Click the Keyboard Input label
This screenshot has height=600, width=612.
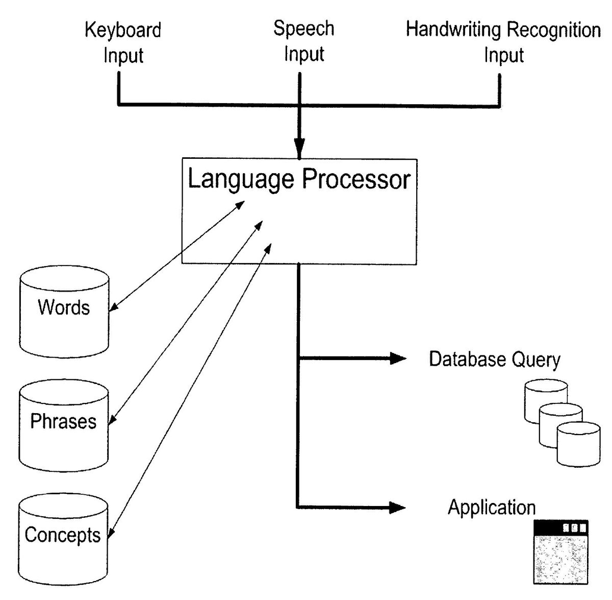pos(123,42)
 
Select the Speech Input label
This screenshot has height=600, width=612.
pos(304,41)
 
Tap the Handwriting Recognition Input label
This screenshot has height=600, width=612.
pos(503,42)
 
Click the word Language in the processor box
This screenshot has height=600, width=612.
pos(241,179)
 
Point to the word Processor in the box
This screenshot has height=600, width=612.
pos(356,179)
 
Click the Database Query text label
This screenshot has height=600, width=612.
pos(494,359)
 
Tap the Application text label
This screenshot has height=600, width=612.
pos(492,508)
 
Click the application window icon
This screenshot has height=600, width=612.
pos(560,553)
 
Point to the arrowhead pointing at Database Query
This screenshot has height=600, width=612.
pos(398,359)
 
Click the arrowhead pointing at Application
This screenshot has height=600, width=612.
pos(398,508)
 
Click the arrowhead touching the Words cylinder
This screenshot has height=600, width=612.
pos(114,307)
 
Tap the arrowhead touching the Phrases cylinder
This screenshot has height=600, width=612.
pos(113,421)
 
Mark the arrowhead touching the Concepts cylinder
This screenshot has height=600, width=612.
pos(111,535)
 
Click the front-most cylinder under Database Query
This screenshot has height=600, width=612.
pos(578,445)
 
